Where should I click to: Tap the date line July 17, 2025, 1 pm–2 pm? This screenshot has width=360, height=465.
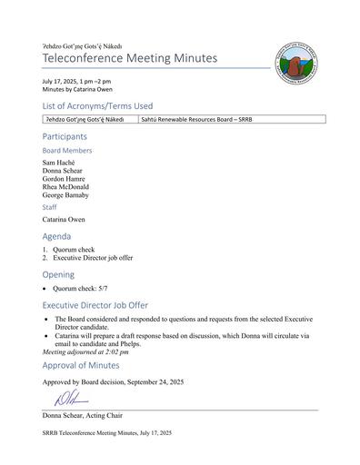(x=84, y=82)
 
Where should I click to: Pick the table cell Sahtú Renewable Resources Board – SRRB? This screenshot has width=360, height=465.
(x=199, y=119)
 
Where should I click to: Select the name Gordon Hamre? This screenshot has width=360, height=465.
(x=66, y=179)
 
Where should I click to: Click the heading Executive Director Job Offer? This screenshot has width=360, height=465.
(x=103, y=305)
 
